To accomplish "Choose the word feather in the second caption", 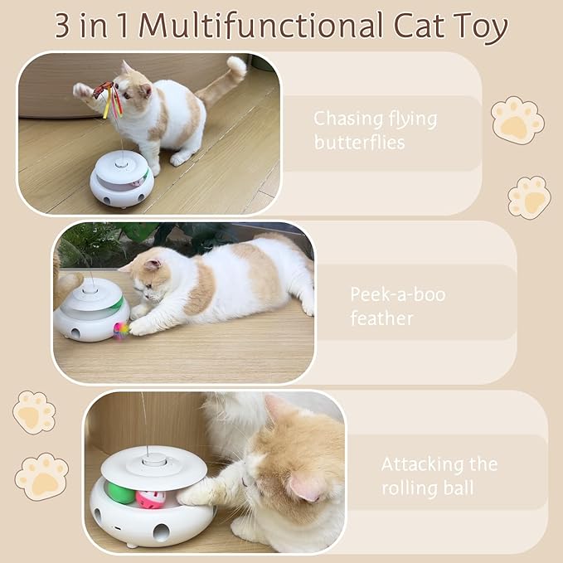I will pyautogui.click(x=381, y=318).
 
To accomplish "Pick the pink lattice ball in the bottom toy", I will pyautogui.click(x=151, y=499).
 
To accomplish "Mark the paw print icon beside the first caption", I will pyautogui.click(x=517, y=121).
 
